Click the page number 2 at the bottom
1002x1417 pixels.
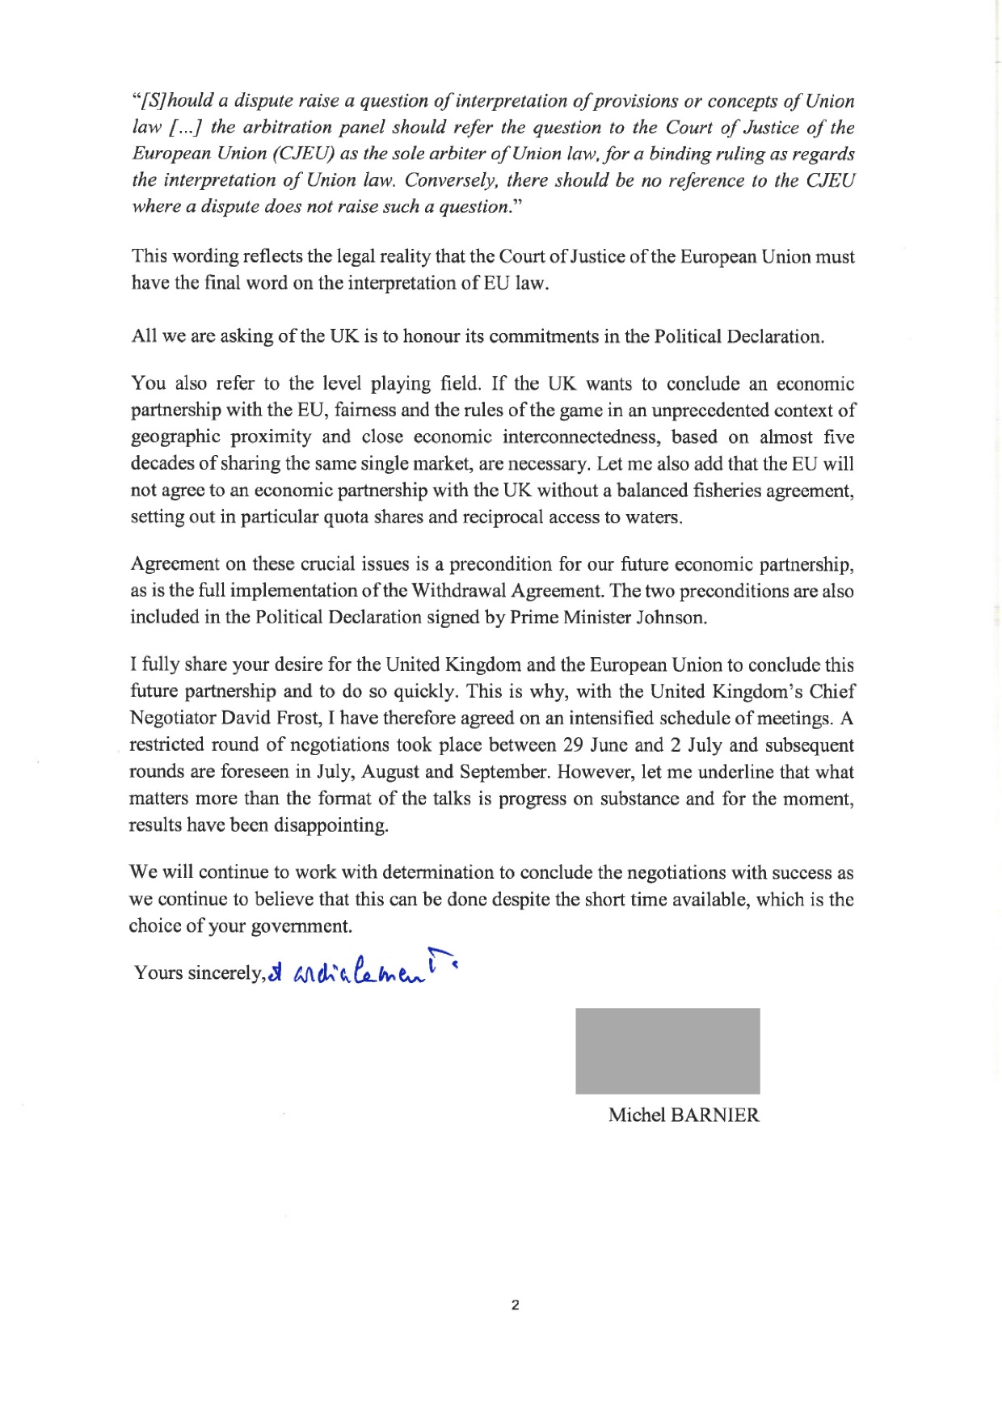[x=515, y=1304]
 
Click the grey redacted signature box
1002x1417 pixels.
[x=667, y=1050]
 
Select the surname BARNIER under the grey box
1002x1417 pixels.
[x=715, y=1115]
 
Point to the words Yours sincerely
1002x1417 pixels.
[x=199, y=972]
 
